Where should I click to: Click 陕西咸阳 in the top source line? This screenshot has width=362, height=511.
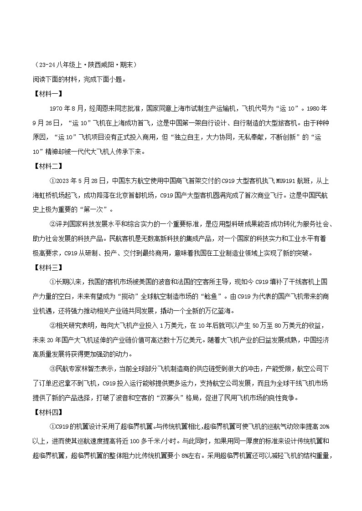[x=99, y=65]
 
